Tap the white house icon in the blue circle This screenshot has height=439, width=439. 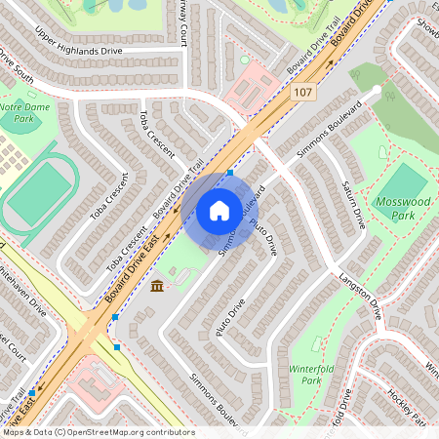[x=219, y=210]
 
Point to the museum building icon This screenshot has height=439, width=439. [x=157, y=285]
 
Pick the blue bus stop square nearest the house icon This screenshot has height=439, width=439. [x=230, y=173]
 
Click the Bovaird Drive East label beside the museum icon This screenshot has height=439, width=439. [x=120, y=287]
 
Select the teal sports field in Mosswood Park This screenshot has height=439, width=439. [x=401, y=186]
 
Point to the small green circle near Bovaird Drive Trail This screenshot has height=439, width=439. [x=244, y=60]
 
